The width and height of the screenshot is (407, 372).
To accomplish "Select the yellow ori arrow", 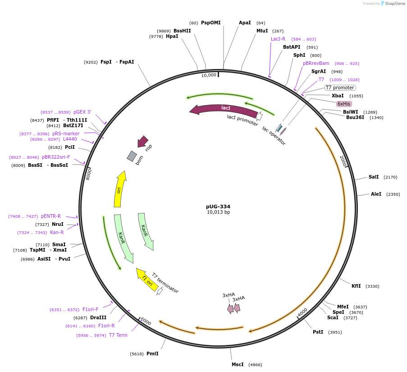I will tap(120, 189).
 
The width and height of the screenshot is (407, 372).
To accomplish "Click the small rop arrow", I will tap(143, 142).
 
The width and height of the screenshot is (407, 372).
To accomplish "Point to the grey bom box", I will tap(132, 156).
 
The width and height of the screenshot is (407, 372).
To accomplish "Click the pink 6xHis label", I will tap(344, 104).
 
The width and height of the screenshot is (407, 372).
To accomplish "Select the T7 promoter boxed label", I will tap(340, 87).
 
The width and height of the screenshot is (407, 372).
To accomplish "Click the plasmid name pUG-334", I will tap(218, 207).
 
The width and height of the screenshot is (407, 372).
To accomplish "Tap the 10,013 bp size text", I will tap(218, 212).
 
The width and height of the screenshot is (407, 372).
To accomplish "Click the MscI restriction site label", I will tap(238, 364).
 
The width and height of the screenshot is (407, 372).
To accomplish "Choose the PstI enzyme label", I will tap(318, 332).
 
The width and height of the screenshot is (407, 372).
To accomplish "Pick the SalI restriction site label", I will tap(374, 177).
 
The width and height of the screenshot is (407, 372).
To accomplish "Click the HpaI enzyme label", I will tap(172, 36).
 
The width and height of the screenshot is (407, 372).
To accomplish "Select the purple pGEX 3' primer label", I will tap(82, 112).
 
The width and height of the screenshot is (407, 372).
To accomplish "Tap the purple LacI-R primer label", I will tap(278, 39).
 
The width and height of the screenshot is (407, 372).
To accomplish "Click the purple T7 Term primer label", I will tap(118, 335).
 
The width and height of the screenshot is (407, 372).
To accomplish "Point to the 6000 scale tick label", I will tap(146, 321).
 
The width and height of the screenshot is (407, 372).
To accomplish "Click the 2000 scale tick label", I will tap(343, 161).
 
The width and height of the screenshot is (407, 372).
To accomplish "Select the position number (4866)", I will tap(255, 364).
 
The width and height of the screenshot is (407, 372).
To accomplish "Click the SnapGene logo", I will tap(392, 4).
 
